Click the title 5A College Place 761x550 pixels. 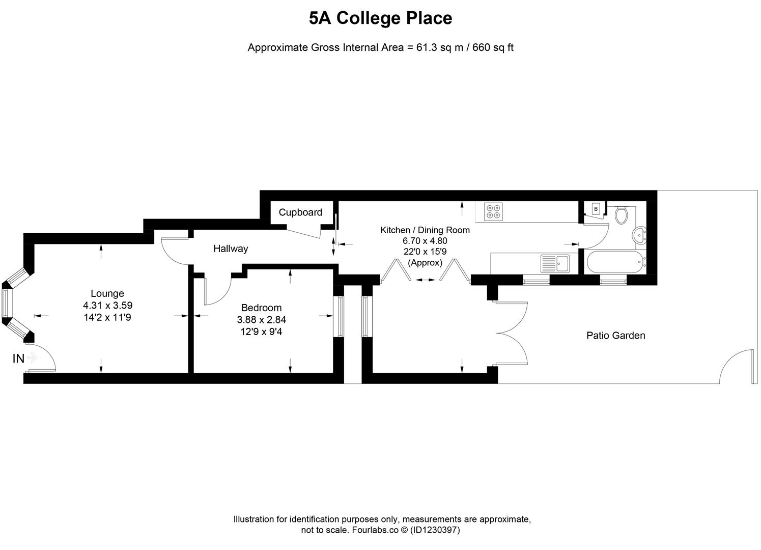pos(380,18)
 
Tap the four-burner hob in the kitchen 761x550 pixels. pos(493,211)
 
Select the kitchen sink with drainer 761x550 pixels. pos(555,263)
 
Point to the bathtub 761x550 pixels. pos(614,263)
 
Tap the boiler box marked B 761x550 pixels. pos(596,209)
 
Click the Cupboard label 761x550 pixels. pos(300,212)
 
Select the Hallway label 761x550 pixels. pos(231,249)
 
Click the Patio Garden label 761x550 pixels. pos(615,336)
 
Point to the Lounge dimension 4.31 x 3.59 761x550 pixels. pos(107,306)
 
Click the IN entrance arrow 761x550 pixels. pos(32,359)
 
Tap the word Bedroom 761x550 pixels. pos(261,308)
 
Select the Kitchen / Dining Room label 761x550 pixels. pos(425,230)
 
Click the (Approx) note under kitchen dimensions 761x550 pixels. pos(425,263)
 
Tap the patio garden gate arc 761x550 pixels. pos(735,364)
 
